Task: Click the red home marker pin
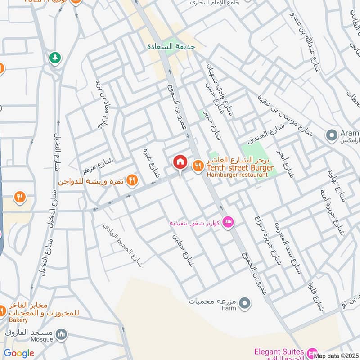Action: [180, 162]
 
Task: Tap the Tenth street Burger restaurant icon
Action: [198, 166]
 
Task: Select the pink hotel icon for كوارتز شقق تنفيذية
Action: [228, 222]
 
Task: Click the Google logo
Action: [19, 353]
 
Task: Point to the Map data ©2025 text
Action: [336, 355]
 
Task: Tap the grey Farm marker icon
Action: [244, 304]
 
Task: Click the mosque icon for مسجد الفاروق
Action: [62, 334]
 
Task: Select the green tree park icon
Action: [55, 58]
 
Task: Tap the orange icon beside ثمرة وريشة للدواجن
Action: [132, 180]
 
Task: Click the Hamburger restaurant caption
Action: [234, 175]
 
